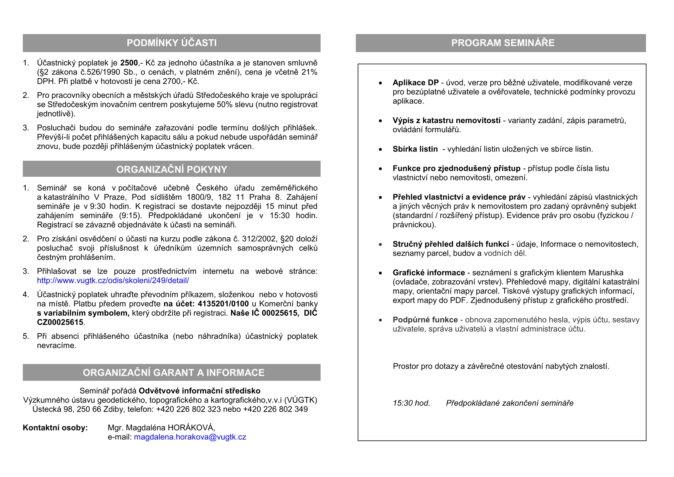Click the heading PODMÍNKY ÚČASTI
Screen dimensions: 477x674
tap(172, 43)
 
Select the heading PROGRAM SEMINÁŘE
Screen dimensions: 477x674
tap(503, 43)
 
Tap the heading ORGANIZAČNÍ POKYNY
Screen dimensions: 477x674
tap(172, 170)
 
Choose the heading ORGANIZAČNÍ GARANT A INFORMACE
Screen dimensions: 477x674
tap(173, 373)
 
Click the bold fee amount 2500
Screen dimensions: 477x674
tap(129, 63)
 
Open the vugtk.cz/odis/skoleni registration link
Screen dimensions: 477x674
tap(113, 281)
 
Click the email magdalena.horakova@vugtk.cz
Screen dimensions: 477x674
tap(190, 437)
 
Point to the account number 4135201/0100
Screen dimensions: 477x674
tap(223, 304)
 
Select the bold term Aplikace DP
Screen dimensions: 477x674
tap(415, 83)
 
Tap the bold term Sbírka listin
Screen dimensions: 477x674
tap(415, 149)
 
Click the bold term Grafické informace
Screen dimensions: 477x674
tap(429, 273)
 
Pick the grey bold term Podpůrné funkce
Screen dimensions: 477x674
tap(425, 319)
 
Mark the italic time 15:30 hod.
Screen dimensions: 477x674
tap(411, 403)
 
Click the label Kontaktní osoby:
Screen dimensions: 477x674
tap(55, 428)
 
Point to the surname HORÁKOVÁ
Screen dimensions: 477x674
tap(191, 428)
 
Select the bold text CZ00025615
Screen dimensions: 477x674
tap(60, 322)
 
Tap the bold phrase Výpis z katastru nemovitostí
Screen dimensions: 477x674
tap(446, 120)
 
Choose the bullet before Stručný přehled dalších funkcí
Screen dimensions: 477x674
tap(381, 245)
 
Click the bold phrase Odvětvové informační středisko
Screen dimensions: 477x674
tap(199, 391)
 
